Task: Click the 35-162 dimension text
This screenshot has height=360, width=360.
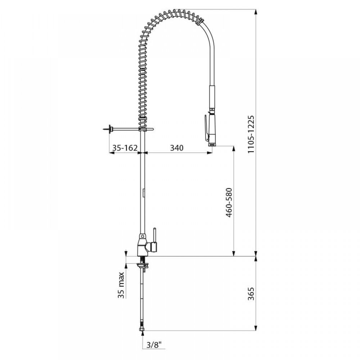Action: (125, 148)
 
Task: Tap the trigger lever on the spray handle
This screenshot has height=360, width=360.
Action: (207, 127)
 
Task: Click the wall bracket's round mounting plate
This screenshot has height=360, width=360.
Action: (111, 129)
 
